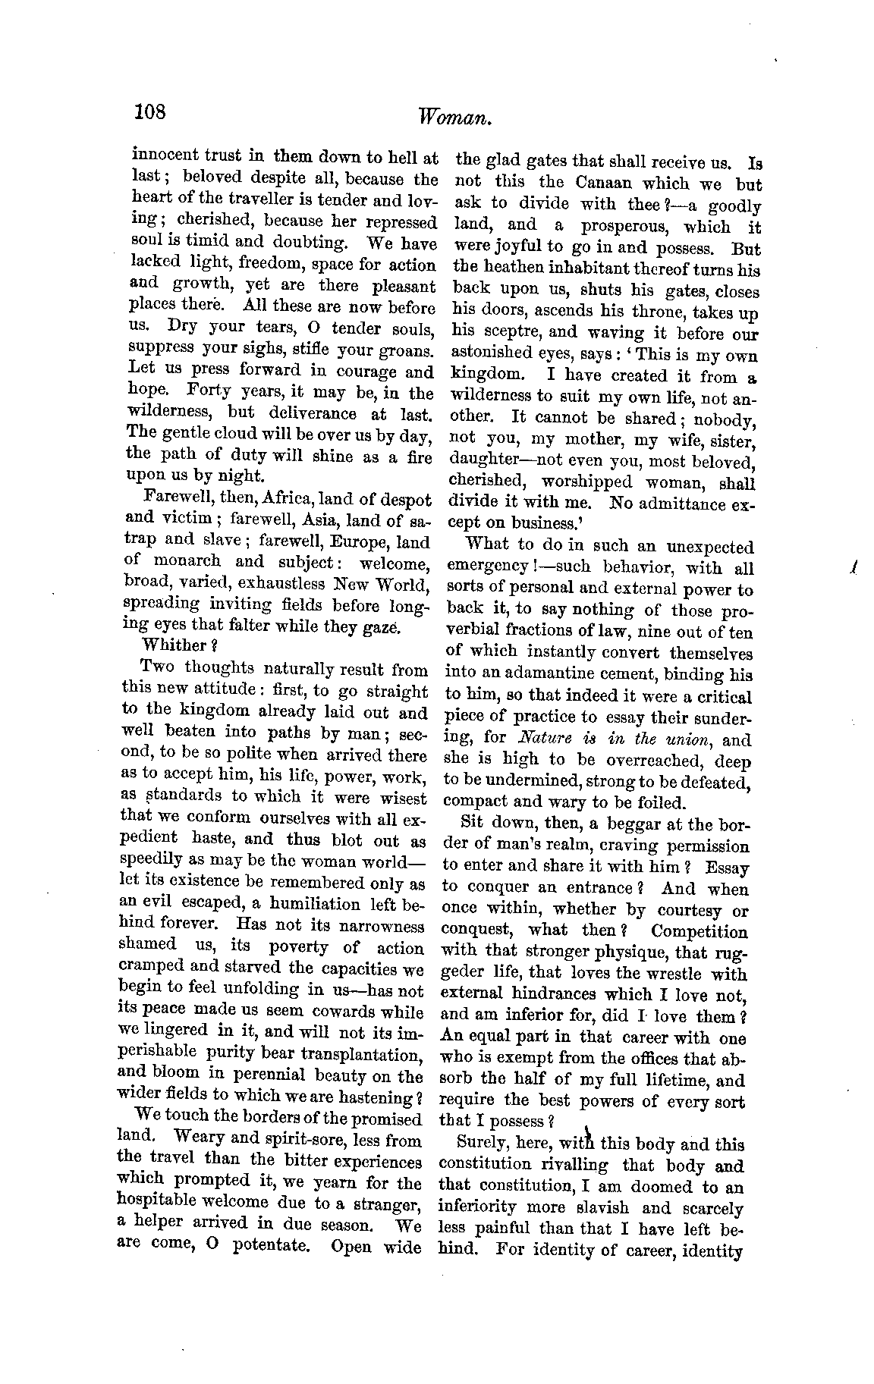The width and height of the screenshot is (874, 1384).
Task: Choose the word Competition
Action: (700, 931)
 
